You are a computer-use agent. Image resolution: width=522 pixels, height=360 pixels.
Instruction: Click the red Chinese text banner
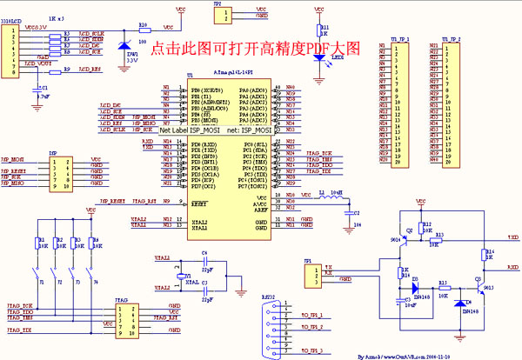(255, 50)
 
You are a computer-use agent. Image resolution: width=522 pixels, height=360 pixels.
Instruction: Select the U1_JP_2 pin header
(452, 104)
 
